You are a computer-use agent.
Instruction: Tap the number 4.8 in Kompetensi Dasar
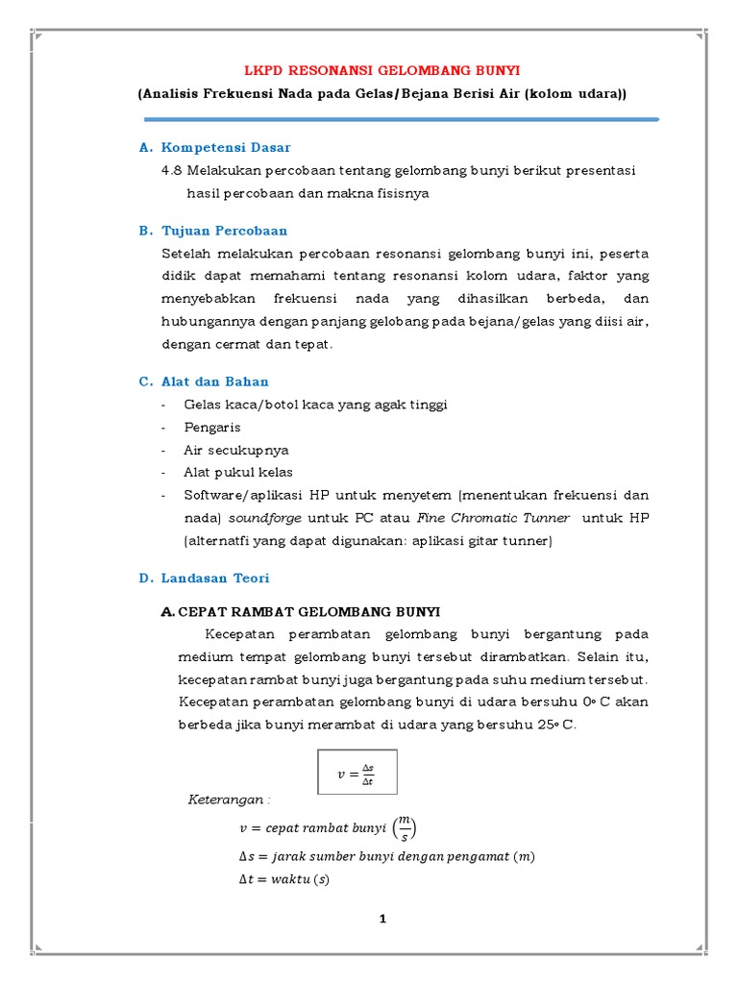click(x=173, y=170)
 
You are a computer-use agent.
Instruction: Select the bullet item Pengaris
click(x=212, y=427)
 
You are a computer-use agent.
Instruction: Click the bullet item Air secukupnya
click(x=236, y=450)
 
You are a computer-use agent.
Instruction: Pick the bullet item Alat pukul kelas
click(x=238, y=472)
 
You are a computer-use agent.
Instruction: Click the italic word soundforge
click(x=264, y=518)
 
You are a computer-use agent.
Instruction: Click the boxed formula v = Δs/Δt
click(x=356, y=771)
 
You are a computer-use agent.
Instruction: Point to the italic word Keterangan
click(x=229, y=799)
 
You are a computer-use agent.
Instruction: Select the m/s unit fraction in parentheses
click(x=406, y=826)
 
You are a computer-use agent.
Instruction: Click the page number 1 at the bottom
click(x=382, y=919)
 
